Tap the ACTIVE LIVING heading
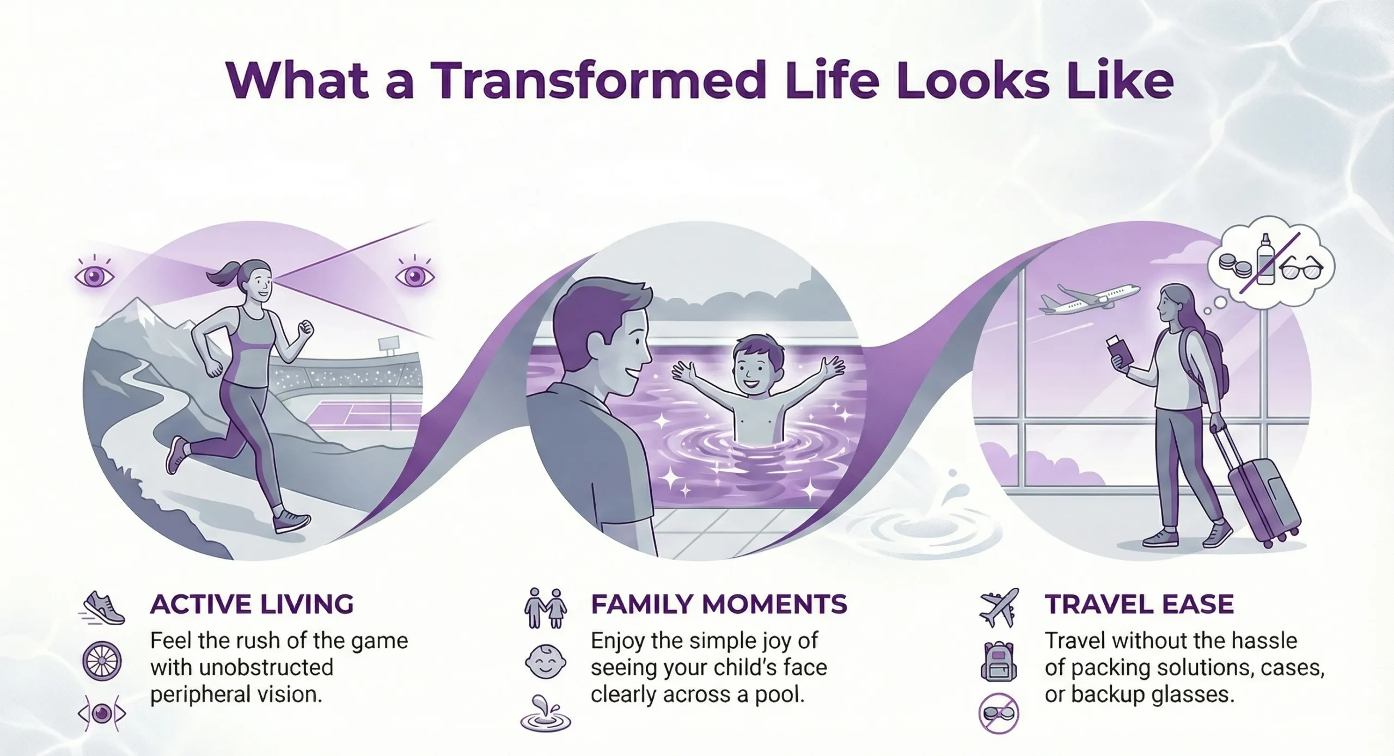(x=252, y=605)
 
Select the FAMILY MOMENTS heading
(x=719, y=605)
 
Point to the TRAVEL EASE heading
(x=1139, y=605)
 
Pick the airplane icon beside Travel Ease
(x=999, y=608)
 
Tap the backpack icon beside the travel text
(x=999, y=661)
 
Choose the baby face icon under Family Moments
(x=545, y=662)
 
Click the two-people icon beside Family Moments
(x=545, y=608)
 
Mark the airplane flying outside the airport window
(x=1089, y=300)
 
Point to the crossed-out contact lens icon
(x=999, y=714)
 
